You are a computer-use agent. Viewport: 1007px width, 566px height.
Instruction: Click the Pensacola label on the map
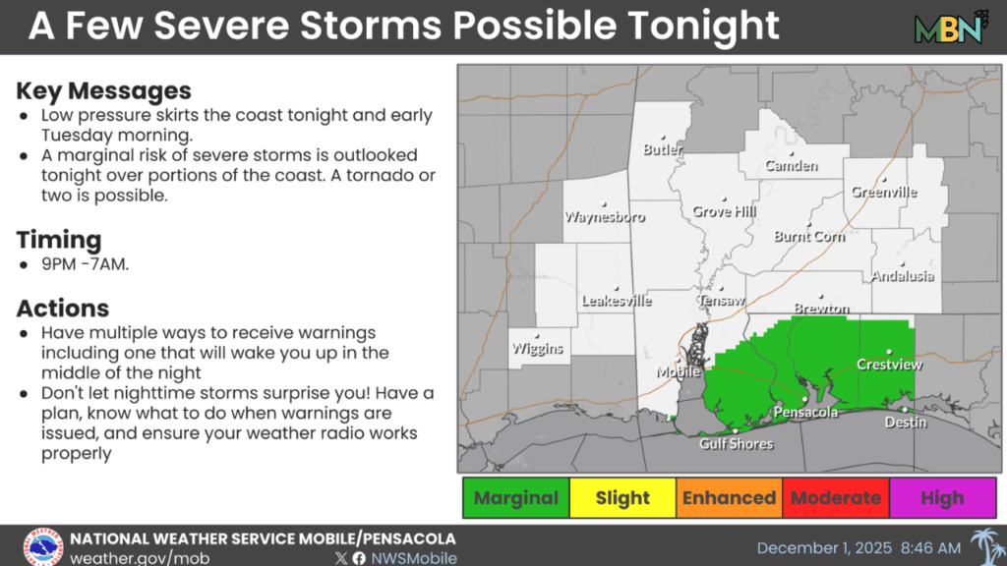(805, 413)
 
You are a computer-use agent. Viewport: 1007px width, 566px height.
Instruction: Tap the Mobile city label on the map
(680, 372)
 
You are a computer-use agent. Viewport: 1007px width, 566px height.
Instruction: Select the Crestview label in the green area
(889, 365)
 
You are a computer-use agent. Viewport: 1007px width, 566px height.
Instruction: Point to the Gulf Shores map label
(736, 444)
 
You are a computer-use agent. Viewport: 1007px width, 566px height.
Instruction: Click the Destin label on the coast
(905, 423)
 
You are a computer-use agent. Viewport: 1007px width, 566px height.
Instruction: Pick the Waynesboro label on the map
(604, 217)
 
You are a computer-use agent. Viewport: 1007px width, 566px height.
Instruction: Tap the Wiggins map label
(537, 349)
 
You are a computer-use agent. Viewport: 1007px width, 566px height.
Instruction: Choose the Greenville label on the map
(884, 193)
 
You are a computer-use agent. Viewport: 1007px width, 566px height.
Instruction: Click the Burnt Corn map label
(809, 237)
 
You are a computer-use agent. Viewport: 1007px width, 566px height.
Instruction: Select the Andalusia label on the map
(902, 277)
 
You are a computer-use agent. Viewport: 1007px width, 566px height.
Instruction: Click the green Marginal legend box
(515, 498)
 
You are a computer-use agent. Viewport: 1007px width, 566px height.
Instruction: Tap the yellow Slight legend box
(622, 498)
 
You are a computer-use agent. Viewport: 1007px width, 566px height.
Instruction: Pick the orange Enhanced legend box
(729, 498)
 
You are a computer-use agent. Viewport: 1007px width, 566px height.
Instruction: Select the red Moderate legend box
(836, 498)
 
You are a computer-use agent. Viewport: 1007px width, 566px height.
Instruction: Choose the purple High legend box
(942, 498)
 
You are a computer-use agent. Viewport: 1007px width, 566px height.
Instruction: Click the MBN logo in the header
(950, 28)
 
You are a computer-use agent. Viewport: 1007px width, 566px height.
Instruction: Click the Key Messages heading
(103, 91)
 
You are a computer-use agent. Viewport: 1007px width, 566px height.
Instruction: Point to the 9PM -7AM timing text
(86, 265)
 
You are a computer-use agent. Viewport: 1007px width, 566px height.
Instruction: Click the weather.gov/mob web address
(139, 557)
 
